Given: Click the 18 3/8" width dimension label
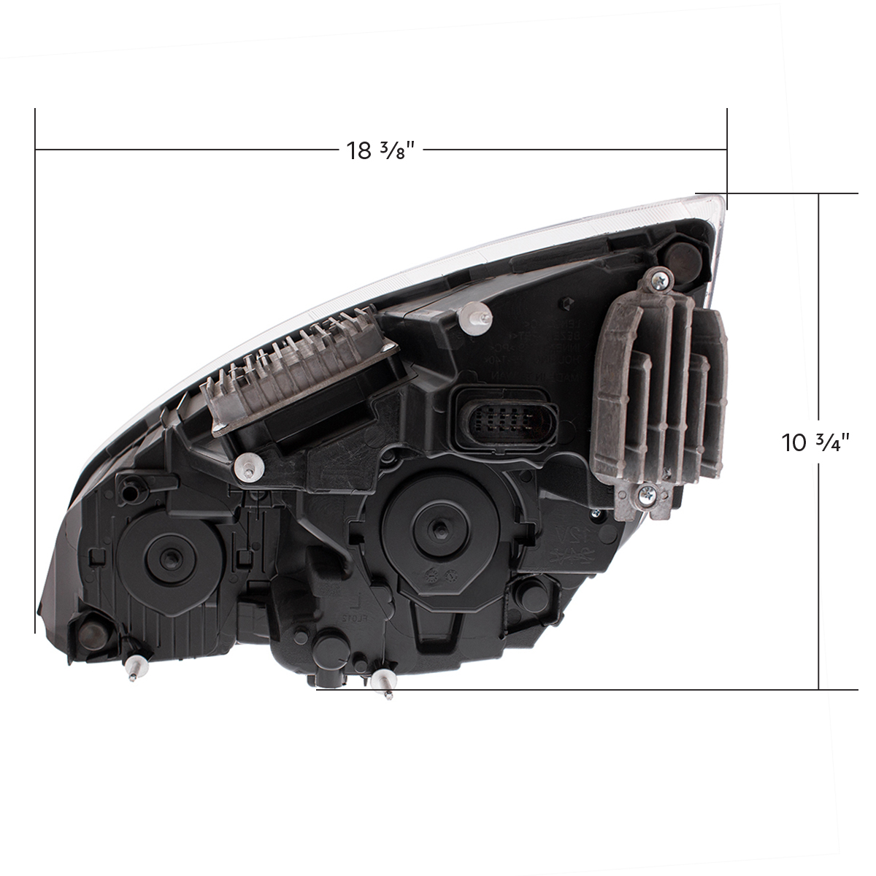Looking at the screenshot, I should click(380, 150).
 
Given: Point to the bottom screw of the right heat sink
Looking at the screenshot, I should click(646, 495).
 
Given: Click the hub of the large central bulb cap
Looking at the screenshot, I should click(436, 523).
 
